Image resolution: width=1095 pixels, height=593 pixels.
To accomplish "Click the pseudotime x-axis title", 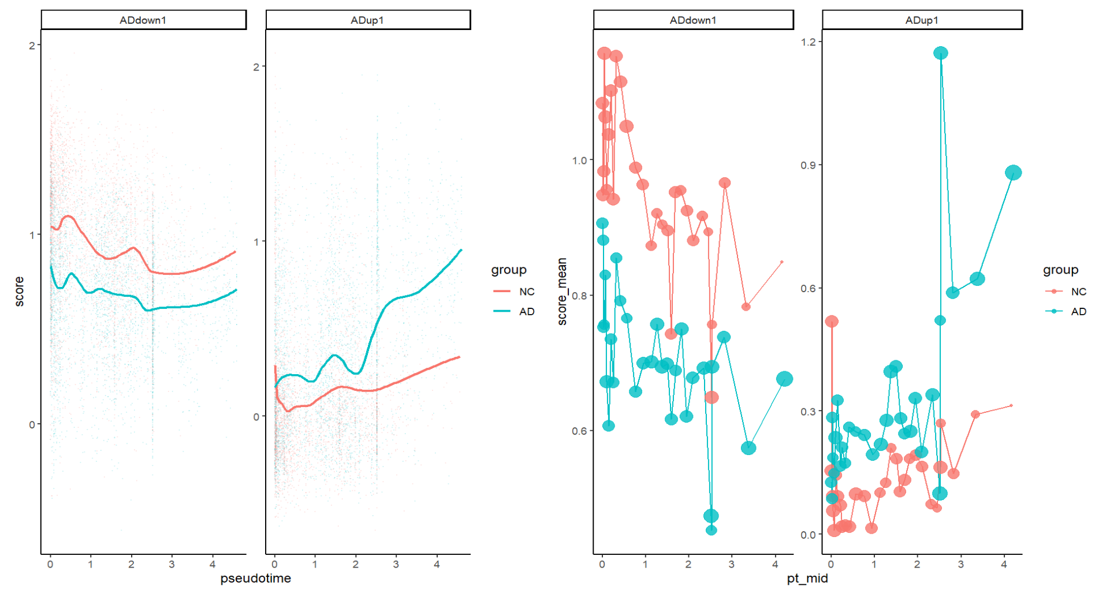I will (255, 578).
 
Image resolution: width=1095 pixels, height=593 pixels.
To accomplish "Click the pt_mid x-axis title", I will (807, 578).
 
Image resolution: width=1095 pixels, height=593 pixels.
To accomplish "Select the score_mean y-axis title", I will (562, 292).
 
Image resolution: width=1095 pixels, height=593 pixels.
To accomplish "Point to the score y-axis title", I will (19, 292).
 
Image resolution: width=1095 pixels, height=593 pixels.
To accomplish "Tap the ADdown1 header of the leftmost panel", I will (143, 20).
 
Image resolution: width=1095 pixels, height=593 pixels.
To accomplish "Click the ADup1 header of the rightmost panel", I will (922, 20).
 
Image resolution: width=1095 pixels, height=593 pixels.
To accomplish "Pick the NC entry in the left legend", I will (526, 292).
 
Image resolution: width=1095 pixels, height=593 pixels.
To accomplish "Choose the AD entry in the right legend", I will (1078, 311).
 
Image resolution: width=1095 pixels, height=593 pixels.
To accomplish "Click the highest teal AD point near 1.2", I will (941, 53).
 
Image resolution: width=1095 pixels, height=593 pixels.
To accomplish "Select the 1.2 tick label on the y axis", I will (809, 42).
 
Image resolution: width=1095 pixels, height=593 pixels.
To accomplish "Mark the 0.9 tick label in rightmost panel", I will (809, 165).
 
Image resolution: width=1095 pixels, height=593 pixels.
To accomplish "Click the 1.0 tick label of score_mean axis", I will (579, 161).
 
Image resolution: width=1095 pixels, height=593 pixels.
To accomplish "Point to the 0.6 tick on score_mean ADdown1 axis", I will (579, 431).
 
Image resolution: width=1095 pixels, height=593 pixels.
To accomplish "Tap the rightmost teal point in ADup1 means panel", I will (1013, 173).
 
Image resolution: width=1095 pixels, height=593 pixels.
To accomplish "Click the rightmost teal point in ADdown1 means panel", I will (784, 379).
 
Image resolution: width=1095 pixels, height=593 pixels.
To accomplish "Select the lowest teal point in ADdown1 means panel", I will (712, 530).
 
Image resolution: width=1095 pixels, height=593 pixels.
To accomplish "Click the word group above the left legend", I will (509, 270).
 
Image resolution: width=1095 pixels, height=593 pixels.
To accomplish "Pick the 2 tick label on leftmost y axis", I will (32, 46).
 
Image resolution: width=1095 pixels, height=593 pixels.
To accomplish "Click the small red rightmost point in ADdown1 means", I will (782, 262).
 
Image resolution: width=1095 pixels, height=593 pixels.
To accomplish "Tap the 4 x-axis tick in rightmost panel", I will (1004, 565).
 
